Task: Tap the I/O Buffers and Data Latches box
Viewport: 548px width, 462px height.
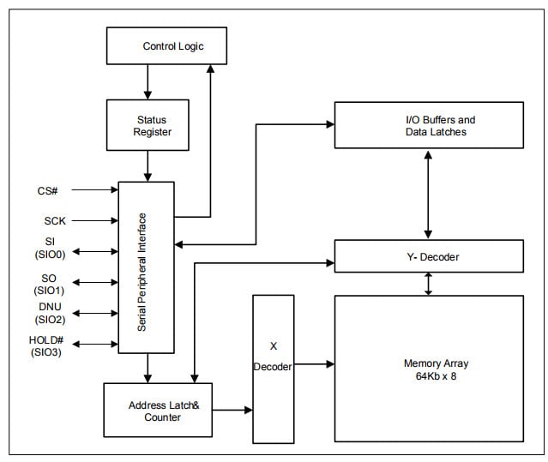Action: [x=428, y=125]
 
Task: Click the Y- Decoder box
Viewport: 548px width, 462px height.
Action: [x=428, y=255]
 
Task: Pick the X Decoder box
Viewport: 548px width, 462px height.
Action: [x=274, y=367]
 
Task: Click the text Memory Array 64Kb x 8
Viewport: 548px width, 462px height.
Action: [x=428, y=369]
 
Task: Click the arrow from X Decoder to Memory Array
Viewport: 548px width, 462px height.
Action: [x=314, y=364]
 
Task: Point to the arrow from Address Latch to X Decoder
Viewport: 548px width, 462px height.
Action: [x=232, y=411]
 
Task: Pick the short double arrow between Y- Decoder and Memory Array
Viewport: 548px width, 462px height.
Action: [x=428, y=283]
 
